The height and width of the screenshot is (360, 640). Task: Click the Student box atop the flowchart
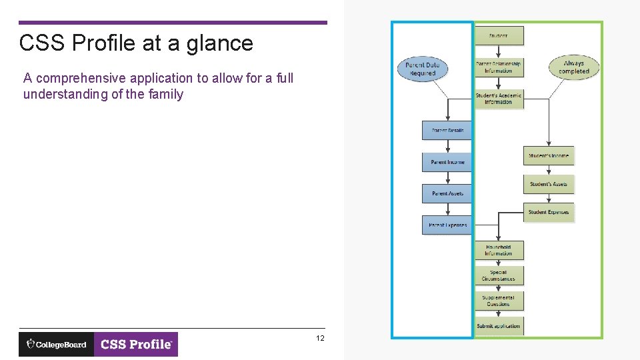tap(499, 35)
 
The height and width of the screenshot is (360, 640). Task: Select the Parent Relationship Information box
tap(499, 67)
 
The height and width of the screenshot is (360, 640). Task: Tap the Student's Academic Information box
tap(499, 99)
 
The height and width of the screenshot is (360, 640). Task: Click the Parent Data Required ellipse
tap(423, 69)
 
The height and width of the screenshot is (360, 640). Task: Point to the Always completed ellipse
tap(574, 67)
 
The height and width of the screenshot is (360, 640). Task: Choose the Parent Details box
tap(447, 131)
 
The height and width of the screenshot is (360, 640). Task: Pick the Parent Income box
tap(447, 162)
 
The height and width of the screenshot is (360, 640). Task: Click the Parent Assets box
tap(447, 193)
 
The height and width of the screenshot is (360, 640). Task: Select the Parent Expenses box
tap(447, 225)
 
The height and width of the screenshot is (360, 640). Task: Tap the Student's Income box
tap(549, 156)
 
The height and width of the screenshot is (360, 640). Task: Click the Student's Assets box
tap(549, 184)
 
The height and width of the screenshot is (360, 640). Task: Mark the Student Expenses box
tap(549, 213)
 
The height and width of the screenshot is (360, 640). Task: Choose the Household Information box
tap(499, 250)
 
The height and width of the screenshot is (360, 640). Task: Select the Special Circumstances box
tap(499, 275)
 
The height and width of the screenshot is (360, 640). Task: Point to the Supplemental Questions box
tap(499, 301)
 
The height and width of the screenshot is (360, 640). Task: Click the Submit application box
tap(499, 326)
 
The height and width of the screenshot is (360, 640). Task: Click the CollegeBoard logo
tap(57, 345)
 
